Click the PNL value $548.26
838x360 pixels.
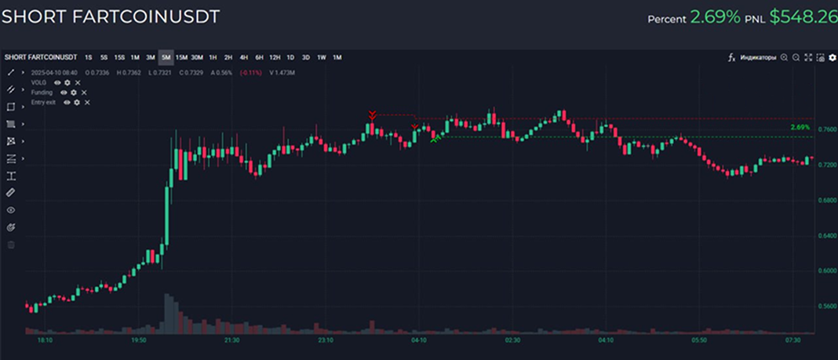coord(803,16)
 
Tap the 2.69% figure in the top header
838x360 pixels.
coord(715,16)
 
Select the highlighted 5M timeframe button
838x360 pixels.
coord(166,57)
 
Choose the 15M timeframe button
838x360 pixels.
coord(181,57)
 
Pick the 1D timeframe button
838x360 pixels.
coord(290,57)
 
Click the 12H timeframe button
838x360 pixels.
coord(275,57)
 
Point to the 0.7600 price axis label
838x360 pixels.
coord(825,130)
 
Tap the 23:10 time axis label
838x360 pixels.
coord(326,340)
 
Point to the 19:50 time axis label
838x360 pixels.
coord(139,340)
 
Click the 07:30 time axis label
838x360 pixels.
coord(792,340)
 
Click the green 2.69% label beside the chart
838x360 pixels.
coord(800,127)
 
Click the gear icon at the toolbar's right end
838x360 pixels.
coord(833,57)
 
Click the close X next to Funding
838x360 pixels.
coord(84,93)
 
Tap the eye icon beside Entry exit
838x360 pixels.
coord(67,103)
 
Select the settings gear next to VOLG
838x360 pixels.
coord(67,82)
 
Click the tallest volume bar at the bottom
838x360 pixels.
coord(166,314)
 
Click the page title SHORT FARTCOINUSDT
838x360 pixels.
coord(110,16)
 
